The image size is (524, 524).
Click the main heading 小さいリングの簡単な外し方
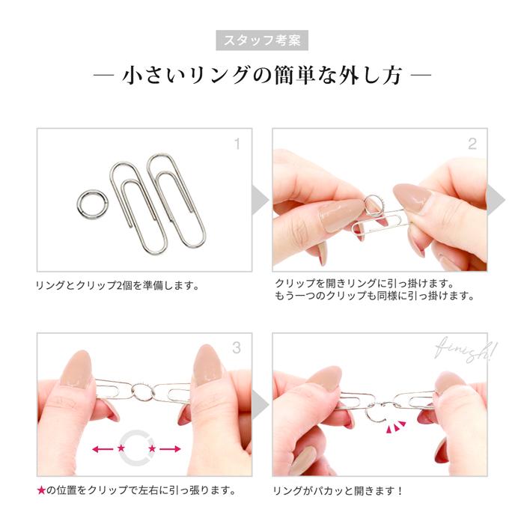[262, 76]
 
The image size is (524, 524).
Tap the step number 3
[237, 348]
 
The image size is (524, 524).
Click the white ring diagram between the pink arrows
[136, 448]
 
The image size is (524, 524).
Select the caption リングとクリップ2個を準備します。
[118, 285]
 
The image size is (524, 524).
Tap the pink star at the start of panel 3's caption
[41, 491]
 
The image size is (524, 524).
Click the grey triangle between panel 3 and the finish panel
[259, 405]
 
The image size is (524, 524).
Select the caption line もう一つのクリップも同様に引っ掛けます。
[374, 296]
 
